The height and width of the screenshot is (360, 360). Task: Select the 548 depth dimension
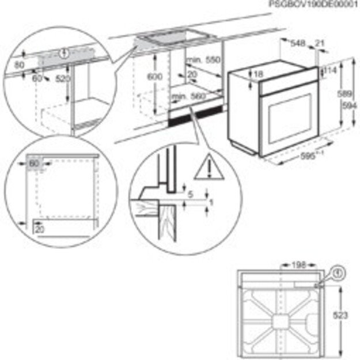(297, 43)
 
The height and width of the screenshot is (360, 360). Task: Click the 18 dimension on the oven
(258, 74)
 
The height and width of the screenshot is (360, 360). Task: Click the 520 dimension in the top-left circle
(62, 78)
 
